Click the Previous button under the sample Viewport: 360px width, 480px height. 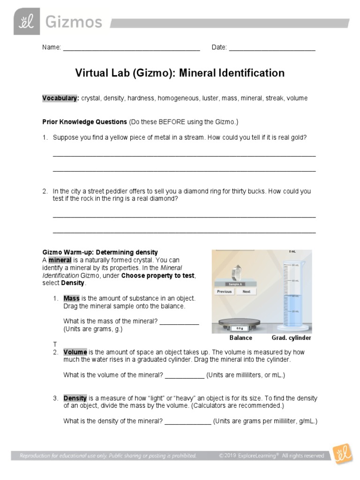(224, 292)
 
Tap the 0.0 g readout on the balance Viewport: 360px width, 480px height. (240, 328)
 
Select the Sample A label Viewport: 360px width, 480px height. (235, 284)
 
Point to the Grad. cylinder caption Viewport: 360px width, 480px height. (291, 338)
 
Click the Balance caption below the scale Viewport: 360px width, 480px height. (240, 338)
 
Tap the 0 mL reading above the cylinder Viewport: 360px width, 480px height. (292, 252)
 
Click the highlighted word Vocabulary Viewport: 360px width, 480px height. (60, 98)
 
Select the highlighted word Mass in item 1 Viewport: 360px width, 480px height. (72, 298)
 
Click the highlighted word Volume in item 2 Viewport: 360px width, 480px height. (75, 352)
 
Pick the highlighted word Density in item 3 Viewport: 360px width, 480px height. (75, 398)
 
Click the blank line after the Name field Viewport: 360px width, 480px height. (131, 47)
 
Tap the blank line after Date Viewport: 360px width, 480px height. (272, 47)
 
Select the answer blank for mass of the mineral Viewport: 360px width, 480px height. (180, 322)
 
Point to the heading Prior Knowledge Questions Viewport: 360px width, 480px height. (84, 122)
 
